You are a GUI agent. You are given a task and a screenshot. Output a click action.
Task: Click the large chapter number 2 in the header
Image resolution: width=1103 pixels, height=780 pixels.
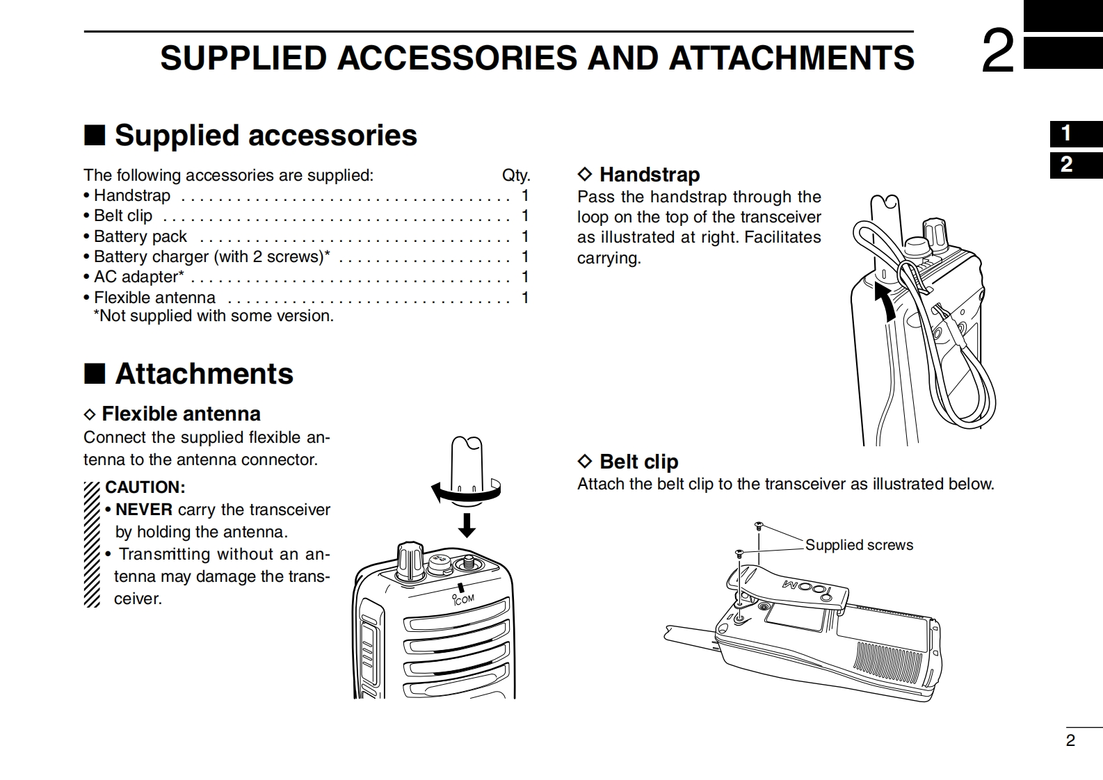point(997,52)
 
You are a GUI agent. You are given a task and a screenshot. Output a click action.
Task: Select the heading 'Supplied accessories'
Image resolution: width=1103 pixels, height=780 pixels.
point(265,136)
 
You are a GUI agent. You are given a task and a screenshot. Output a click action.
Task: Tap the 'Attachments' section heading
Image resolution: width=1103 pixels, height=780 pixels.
point(204,374)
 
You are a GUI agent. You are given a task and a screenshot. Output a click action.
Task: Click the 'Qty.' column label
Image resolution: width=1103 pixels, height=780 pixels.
point(515,175)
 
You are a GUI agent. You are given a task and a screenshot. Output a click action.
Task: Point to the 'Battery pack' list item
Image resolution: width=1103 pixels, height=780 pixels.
point(140,236)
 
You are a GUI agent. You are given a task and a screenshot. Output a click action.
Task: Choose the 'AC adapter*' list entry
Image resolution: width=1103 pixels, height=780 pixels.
point(139,277)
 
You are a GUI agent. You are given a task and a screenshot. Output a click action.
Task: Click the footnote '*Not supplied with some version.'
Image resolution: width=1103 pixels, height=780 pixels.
point(214,316)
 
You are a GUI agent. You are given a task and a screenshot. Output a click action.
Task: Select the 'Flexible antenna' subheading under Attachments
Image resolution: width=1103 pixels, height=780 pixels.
point(181,414)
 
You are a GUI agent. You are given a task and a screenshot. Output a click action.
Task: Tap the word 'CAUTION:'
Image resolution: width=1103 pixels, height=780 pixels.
point(145,487)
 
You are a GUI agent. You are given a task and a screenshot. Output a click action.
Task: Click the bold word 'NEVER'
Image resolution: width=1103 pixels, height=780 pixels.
point(143,510)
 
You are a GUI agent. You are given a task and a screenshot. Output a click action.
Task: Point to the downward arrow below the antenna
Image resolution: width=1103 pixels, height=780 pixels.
point(467,525)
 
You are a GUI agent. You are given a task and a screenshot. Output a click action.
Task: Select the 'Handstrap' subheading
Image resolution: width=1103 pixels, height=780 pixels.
point(649,174)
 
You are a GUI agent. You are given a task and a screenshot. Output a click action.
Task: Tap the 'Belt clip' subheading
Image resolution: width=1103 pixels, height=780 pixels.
point(638,462)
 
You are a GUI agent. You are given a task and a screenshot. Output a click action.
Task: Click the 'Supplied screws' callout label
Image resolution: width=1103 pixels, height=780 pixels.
point(859,545)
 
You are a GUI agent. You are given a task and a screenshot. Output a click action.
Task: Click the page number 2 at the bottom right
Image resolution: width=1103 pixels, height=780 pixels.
point(1070,740)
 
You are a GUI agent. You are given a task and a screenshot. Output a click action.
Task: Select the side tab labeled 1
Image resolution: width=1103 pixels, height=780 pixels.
point(1067,133)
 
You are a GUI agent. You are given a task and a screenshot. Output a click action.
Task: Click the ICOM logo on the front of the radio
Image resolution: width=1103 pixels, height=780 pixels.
point(463,599)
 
